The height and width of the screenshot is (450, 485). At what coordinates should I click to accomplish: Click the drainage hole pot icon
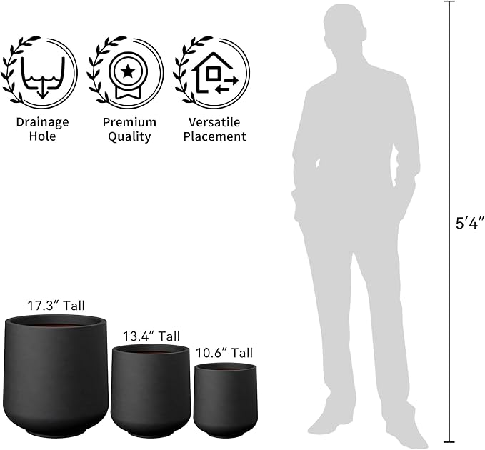pos(43,77)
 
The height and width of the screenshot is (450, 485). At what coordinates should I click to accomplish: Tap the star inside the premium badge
pos(127,71)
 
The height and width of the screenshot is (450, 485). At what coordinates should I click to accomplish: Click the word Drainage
pos(42,122)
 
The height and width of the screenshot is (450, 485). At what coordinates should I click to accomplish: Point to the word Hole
pos(42,136)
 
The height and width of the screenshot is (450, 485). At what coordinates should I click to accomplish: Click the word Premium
pos(129,122)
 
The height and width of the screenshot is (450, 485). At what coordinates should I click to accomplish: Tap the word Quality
pos(129,136)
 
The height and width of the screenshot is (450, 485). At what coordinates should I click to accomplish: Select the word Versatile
pos(214,122)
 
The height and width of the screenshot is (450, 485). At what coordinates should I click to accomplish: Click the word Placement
pos(214,136)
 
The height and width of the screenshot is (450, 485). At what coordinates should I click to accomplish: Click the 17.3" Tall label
pos(56,306)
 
